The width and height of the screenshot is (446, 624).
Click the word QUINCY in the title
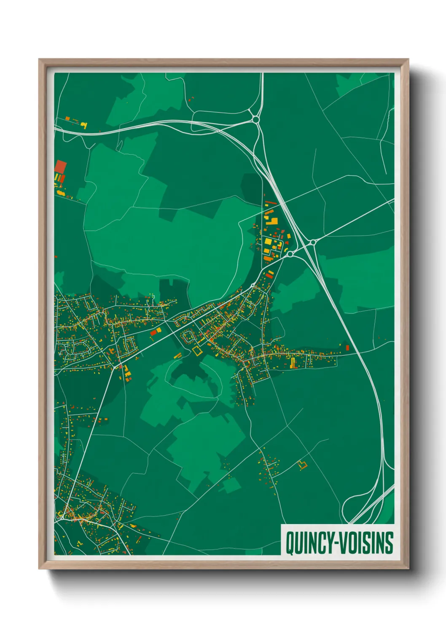tap(305, 543)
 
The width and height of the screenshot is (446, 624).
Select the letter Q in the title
tap(290, 543)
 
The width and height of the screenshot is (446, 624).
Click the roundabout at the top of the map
tap(255, 119)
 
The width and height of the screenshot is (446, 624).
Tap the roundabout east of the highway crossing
tap(313, 242)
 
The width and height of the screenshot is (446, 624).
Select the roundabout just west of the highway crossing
tap(290, 254)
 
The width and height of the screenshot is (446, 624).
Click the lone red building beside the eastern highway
tap(347, 347)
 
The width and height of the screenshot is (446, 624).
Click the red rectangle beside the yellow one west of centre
tap(153, 333)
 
